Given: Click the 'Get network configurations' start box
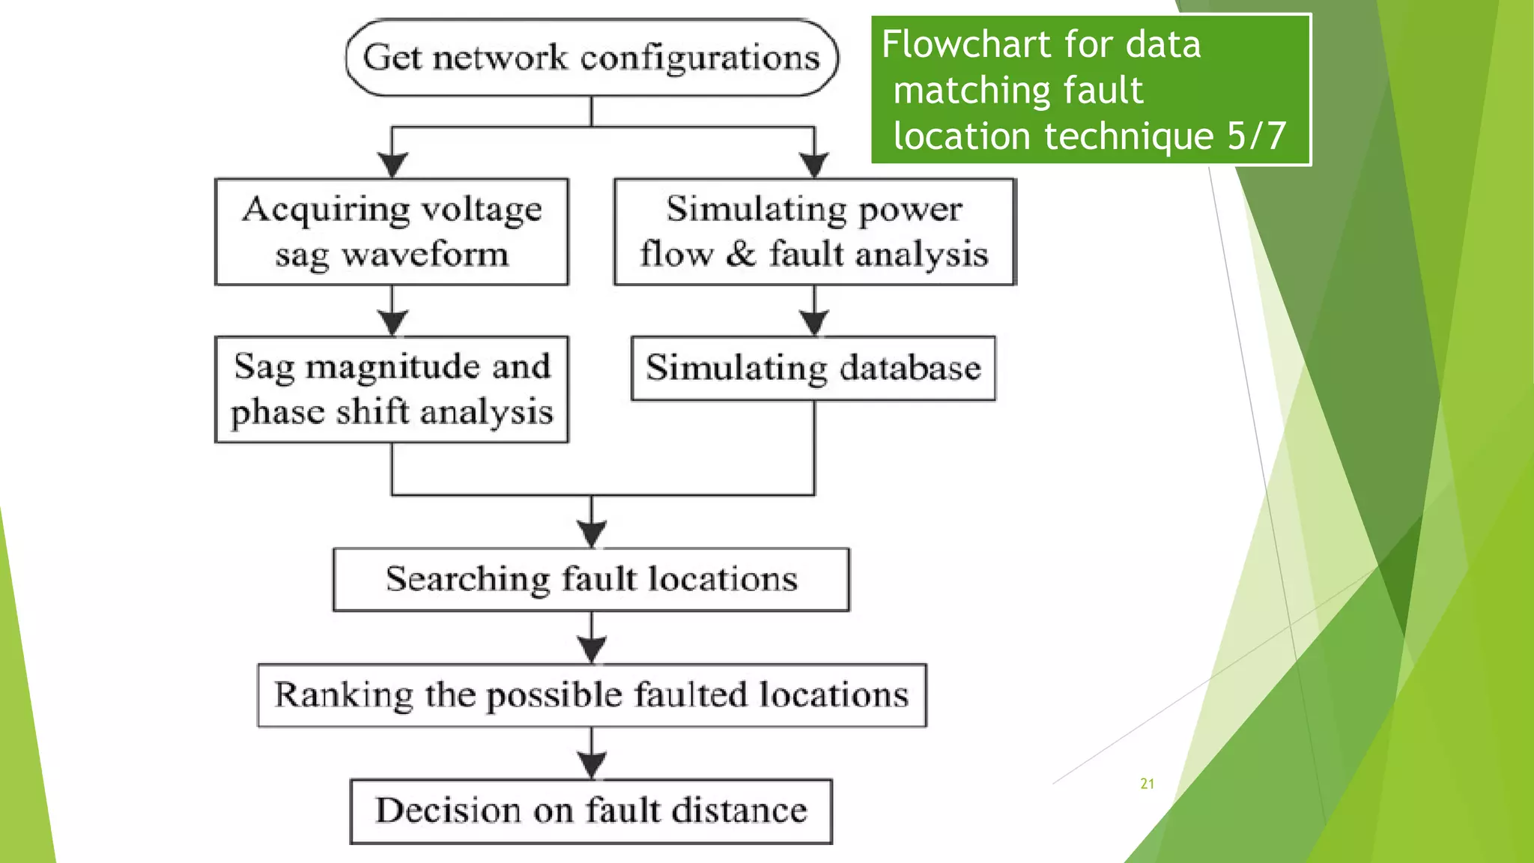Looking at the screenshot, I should tap(592, 58).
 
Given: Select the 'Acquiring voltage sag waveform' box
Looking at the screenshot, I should tap(392, 231).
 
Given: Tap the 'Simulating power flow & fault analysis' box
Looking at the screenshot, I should tap(814, 231).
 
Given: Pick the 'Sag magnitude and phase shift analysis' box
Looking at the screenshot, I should tap(392, 390).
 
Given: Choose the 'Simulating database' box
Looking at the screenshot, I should tap(813, 369).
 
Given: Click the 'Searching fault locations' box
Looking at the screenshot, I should tap(592, 579).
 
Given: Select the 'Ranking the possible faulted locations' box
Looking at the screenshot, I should tap(592, 695).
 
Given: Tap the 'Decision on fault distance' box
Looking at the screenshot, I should tap(592, 811).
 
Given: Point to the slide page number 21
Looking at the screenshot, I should tap(1147, 784).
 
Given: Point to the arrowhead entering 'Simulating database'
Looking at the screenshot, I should tap(814, 323).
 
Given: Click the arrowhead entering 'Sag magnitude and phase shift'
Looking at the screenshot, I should tap(392, 323).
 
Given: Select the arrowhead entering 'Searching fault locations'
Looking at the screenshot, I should tap(592, 534).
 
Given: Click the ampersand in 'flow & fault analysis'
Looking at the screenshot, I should tap(740, 253).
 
